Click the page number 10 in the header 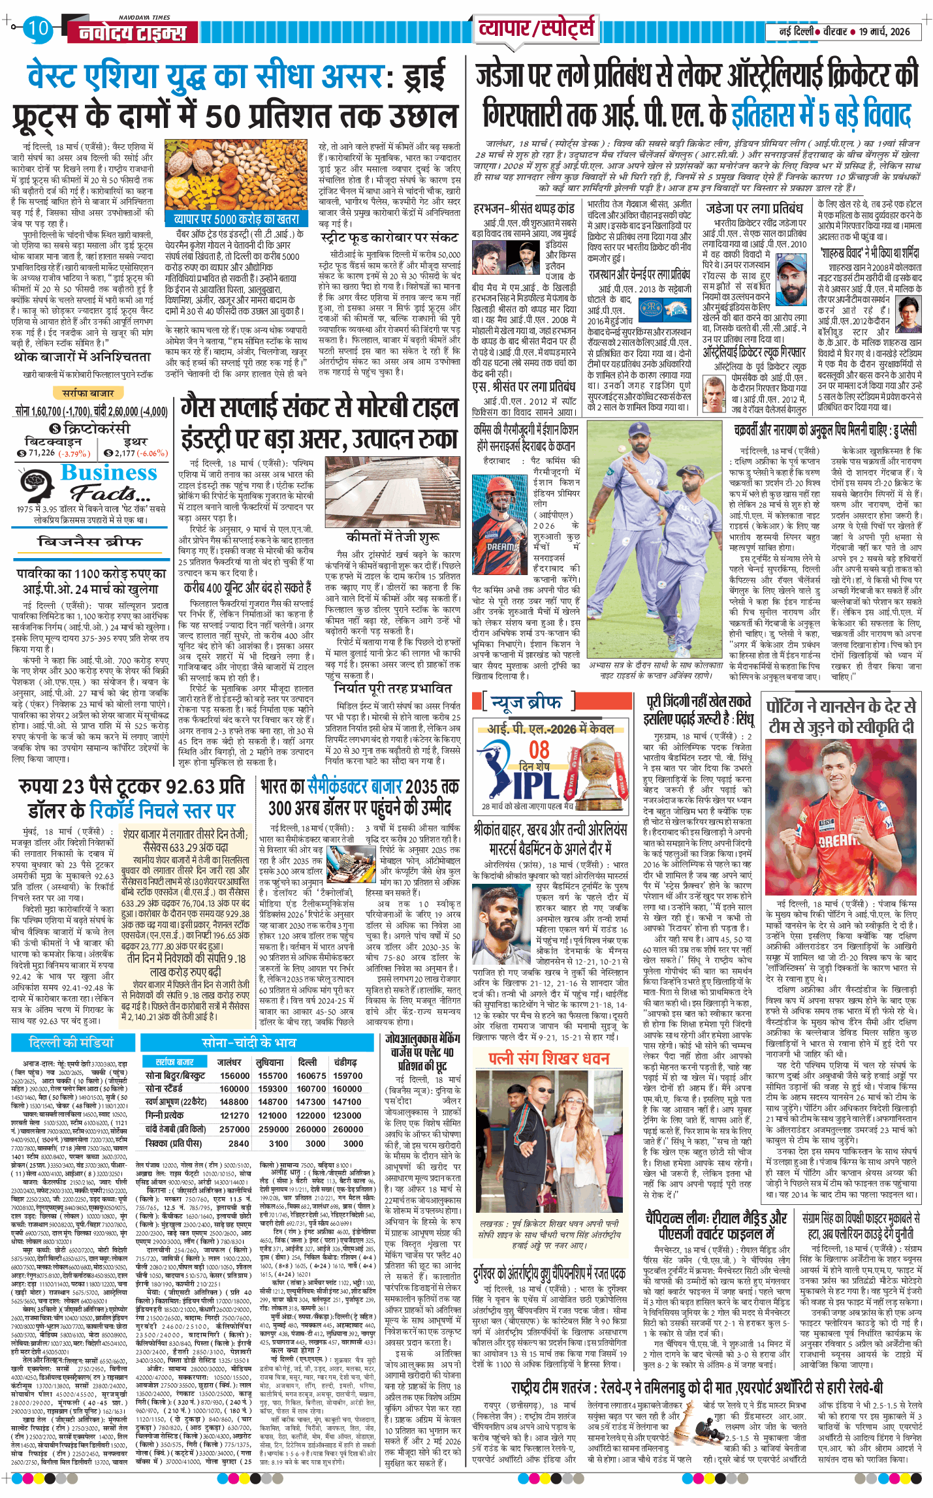tap(38, 28)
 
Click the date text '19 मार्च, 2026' tap(884, 31)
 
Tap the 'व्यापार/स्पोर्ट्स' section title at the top tap(536, 29)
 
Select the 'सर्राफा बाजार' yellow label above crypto tap(88, 393)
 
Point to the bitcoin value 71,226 tap(41, 452)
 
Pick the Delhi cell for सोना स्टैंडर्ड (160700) tap(311, 1088)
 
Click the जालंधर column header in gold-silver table tap(229, 1062)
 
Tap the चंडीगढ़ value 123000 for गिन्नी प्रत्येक tap(347, 1116)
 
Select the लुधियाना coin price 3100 tap(278, 1143)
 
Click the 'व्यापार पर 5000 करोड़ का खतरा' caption tap(236, 219)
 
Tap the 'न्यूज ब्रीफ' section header tap(527, 702)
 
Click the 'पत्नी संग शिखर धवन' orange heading tap(549, 1058)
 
